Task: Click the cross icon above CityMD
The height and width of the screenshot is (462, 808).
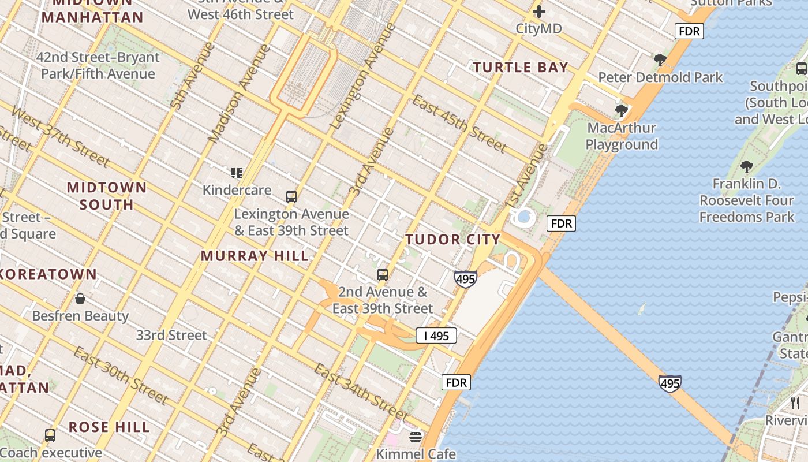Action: tap(538, 12)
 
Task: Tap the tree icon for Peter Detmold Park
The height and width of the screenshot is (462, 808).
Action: tap(660, 59)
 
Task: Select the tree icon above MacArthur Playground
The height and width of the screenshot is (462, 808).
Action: tap(622, 110)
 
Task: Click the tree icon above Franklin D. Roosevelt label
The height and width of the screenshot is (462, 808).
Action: tap(747, 167)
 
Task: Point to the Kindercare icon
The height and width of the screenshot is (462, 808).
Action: tap(237, 173)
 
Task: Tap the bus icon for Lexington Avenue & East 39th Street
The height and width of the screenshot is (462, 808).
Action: tap(291, 197)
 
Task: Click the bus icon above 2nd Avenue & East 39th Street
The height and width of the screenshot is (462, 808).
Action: tap(383, 275)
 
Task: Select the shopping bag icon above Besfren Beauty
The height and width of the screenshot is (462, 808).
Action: tap(80, 299)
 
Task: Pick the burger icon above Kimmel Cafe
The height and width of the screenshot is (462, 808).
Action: tap(416, 437)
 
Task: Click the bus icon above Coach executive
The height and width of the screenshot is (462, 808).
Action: tap(50, 435)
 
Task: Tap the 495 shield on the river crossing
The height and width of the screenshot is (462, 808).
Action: tap(669, 383)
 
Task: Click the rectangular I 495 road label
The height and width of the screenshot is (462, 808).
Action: tap(436, 336)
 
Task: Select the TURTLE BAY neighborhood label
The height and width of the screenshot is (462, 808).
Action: tap(521, 68)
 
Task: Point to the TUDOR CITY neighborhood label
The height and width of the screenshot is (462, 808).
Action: tap(452, 239)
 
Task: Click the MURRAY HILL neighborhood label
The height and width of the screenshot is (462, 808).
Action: tap(255, 256)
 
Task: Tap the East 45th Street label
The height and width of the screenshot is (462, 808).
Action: tap(459, 123)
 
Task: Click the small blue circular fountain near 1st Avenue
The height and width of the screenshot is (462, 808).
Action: tap(524, 217)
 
